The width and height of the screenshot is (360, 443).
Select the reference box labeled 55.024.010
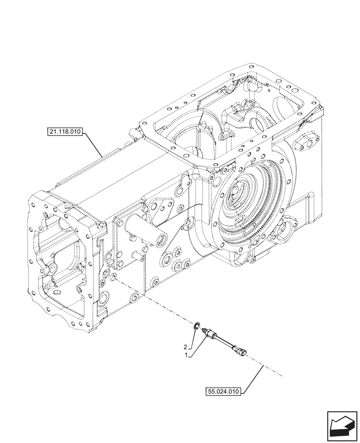[223, 391]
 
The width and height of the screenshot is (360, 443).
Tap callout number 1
[189, 355]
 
